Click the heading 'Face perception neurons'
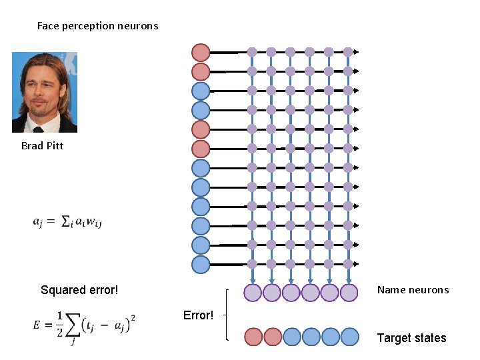pyautogui.click(x=97, y=26)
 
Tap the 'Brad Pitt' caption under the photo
pyautogui.click(x=42, y=145)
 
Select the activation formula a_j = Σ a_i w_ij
pyautogui.click(x=67, y=221)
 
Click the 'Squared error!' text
pyautogui.click(x=79, y=290)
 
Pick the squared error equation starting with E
pyautogui.click(x=83, y=326)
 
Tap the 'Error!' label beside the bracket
pyautogui.click(x=198, y=315)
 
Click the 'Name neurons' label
pyautogui.click(x=413, y=289)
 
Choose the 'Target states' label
pyautogui.click(x=411, y=338)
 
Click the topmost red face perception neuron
pyautogui.click(x=201, y=52)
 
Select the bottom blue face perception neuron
pyautogui.click(x=201, y=265)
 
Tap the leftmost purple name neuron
pyautogui.click(x=252, y=292)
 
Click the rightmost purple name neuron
pyautogui.click(x=349, y=292)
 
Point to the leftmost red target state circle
pyautogui.click(x=253, y=337)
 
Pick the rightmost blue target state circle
pyautogui.click(x=349, y=337)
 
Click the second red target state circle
pyautogui.click(x=272, y=337)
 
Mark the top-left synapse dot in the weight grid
pyautogui.click(x=252, y=52)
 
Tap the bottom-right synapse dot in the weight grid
pyautogui.click(x=348, y=264)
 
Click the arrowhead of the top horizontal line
pyautogui.click(x=357, y=52)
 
